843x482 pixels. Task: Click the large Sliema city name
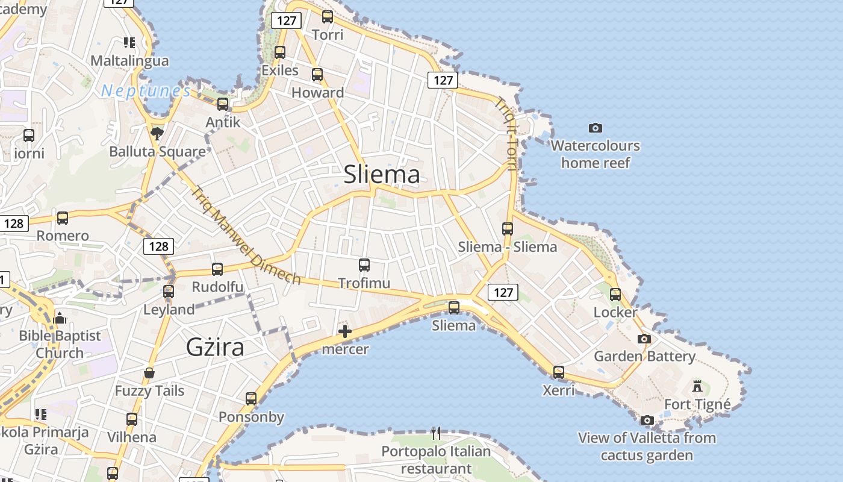pos(382,175)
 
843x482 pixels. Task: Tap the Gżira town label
pos(216,347)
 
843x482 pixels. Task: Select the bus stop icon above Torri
pos(328,17)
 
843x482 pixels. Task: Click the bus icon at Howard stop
pos(317,75)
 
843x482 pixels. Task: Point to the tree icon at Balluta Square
pos(157,133)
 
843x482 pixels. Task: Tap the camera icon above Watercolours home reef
pos(596,128)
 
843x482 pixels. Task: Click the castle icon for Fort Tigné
pos(697,386)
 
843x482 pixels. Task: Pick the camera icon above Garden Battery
pos(644,339)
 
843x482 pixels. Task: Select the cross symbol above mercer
pos(345,331)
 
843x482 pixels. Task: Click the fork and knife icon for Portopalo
pos(437,433)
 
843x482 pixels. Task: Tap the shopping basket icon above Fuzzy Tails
pos(149,373)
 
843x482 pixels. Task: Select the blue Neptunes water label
pos(146,91)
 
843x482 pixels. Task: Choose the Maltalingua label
pos(129,61)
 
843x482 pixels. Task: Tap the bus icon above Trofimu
pos(364,265)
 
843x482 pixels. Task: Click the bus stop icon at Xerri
pos(559,372)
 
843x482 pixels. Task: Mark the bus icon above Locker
pos(615,295)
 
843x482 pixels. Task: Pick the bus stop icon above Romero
pos(63,218)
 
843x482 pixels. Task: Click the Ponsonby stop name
pos(251,417)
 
